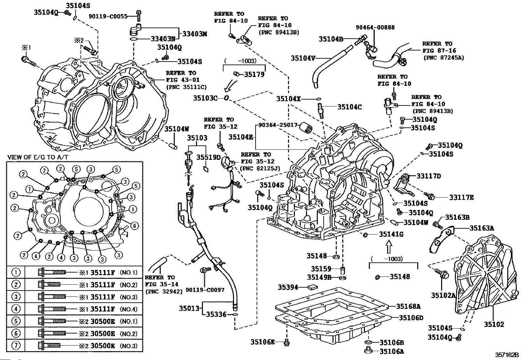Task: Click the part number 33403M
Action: point(195,33)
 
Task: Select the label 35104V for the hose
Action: point(303,58)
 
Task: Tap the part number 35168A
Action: point(408,306)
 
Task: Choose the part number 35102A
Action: point(443,295)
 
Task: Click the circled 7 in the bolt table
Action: point(16,346)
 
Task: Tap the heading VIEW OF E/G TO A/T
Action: point(38,157)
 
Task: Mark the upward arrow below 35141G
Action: point(388,247)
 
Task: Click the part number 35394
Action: point(288,287)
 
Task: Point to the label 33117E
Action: point(461,197)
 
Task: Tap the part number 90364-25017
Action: point(278,125)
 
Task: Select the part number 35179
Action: point(254,74)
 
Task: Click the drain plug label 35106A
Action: point(392,351)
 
